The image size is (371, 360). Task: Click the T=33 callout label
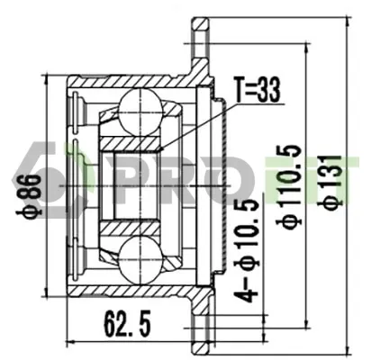click(x=258, y=90)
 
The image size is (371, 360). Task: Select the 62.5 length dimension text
click(x=127, y=324)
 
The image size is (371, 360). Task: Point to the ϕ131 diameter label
click(x=330, y=183)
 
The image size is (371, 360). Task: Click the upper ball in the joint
click(x=140, y=112)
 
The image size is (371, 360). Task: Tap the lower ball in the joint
click(x=140, y=259)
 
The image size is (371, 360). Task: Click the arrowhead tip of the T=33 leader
click(x=159, y=149)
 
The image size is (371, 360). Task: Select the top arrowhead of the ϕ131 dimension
click(x=348, y=18)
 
